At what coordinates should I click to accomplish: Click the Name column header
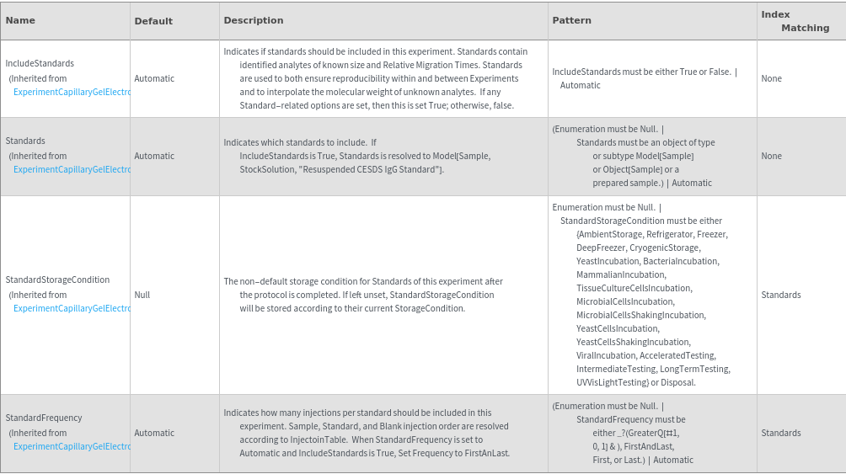(x=21, y=20)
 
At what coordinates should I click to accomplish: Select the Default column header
(x=153, y=21)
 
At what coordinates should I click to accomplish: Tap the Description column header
(x=254, y=20)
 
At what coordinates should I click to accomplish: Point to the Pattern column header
(x=571, y=20)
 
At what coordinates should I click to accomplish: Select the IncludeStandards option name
(x=40, y=63)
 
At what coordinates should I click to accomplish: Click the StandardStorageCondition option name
(x=57, y=280)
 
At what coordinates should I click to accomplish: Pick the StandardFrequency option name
(x=44, y=418)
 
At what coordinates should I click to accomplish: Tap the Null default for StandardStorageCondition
(x=142, y=296)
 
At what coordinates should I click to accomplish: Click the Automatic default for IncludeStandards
(x=154, y=78)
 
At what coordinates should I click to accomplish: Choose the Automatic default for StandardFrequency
(x=154, y=433)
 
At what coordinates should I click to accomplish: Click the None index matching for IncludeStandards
(x=771, y=78)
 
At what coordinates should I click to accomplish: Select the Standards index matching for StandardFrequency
(x=780, y=433)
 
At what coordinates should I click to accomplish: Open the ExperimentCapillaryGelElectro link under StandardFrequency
(x=72, y=446)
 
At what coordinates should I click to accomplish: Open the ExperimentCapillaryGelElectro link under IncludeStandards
(x=72, y=92)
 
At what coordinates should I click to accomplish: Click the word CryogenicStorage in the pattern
(x=666, y=248)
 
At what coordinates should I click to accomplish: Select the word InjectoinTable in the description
(x=321, y=439)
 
